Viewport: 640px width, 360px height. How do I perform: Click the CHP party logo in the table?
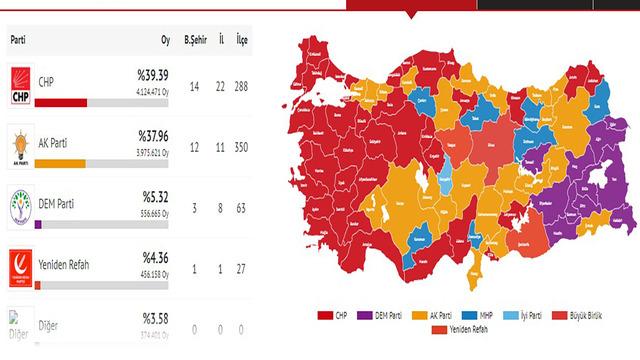click(x=21, y=86)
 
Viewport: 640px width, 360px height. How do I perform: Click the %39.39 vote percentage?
click(x=154, y=76)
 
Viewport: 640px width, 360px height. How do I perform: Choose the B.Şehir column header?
click(x=196, y=40)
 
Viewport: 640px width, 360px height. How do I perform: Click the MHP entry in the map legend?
click(x=489, y=315)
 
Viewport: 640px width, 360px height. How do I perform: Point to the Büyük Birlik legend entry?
click(x=589, y=315)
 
